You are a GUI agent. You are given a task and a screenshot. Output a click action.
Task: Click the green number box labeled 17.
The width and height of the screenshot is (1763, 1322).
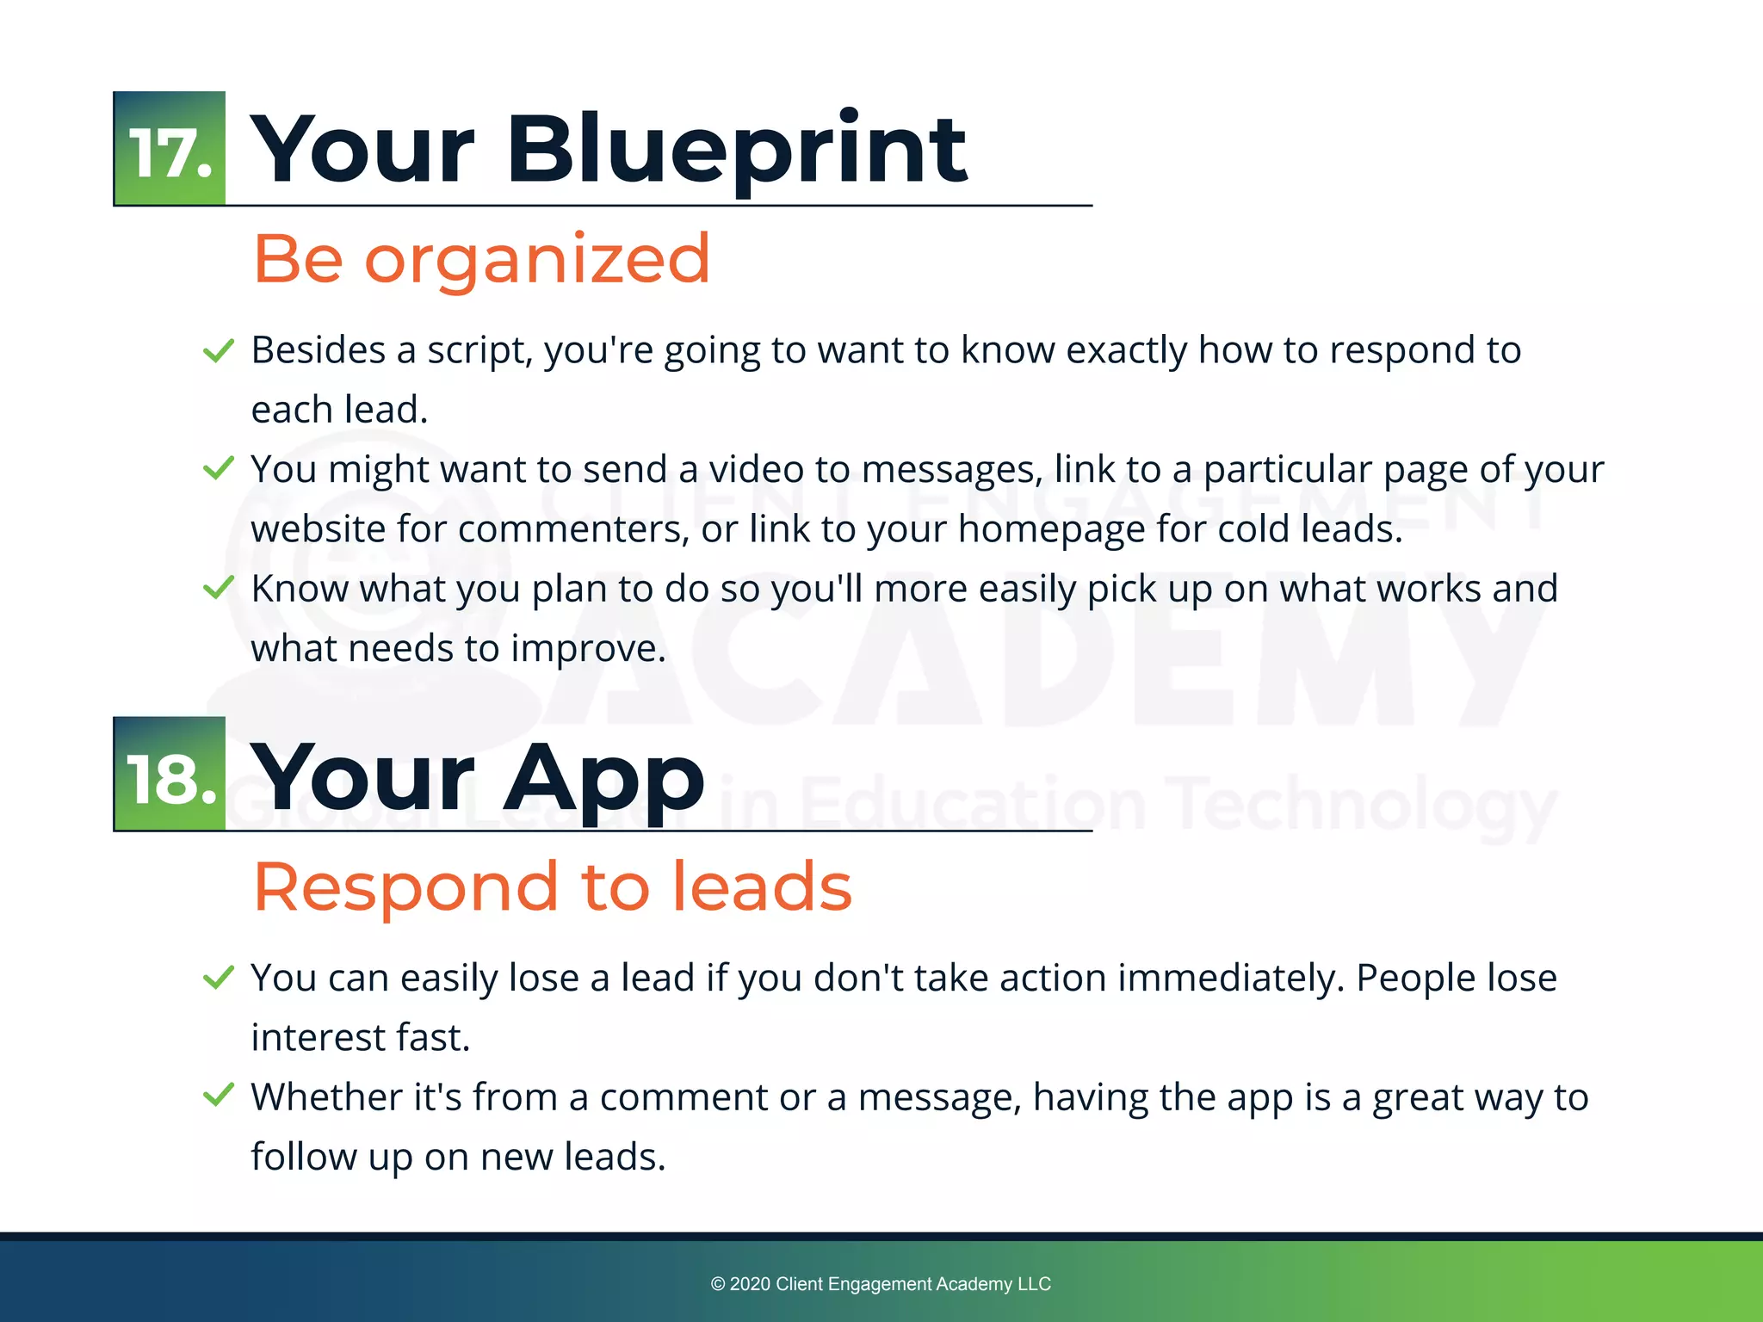(170, 149)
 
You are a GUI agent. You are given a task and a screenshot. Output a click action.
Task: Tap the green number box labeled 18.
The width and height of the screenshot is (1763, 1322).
(170, 774)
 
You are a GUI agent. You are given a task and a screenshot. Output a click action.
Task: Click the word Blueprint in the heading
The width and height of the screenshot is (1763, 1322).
(736, 151)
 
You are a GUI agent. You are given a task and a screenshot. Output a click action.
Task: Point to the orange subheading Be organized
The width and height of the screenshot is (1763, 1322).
(481, 258)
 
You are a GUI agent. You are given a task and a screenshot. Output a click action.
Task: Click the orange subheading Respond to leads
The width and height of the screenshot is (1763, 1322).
(552, 886)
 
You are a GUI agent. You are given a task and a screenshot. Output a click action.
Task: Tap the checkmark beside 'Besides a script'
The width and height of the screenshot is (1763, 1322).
(218, 350)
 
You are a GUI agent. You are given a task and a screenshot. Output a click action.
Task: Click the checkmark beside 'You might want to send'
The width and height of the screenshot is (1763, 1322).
(218, 468)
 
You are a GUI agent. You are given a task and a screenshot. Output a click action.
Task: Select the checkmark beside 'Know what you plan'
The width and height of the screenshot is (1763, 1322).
(218, 588)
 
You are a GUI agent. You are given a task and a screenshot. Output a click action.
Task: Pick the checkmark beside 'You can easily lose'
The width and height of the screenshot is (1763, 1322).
(218, 977)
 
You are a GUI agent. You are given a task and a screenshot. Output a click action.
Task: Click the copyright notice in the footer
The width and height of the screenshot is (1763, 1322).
(881, 1284)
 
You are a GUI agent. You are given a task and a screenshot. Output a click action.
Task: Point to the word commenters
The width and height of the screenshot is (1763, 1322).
(573, 529)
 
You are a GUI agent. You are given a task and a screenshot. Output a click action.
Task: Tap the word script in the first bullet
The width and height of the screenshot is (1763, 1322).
(480, 351)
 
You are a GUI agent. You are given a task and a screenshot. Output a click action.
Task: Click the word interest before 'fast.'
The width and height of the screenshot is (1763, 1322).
(318, 1038)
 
